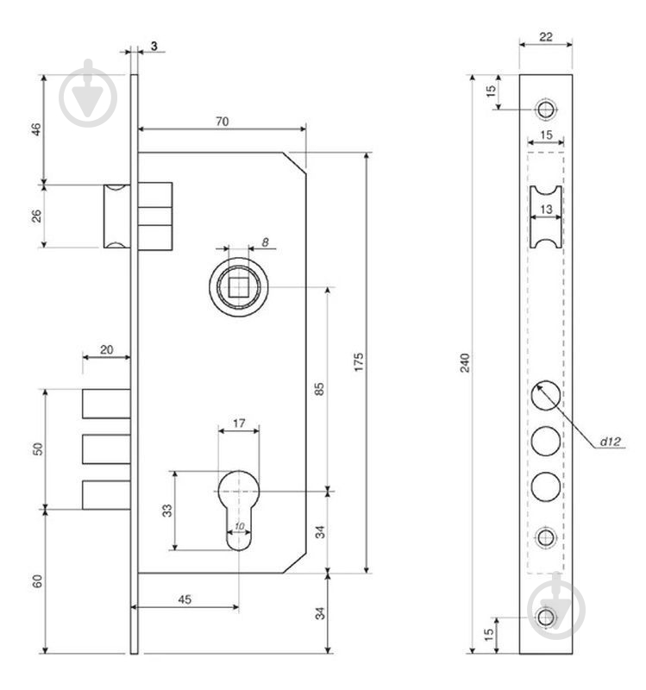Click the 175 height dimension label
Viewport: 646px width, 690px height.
coord(359,361)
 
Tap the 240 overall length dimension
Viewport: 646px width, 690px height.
coord(465,362)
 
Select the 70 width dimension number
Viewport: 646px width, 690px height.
coord(223,121)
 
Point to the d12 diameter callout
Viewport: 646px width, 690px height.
coord(611,441)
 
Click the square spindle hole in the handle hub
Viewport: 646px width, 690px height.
coord(238,287)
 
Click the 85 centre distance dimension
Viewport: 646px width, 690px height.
coord(320,389)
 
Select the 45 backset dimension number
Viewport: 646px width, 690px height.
coord(185,599)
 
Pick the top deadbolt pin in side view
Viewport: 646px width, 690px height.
coord(106,404)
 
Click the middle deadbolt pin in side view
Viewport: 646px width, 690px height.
coord(106,449)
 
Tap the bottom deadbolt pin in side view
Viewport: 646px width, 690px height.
coord(106,495)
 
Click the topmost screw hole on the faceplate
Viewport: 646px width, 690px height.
coord(546,109)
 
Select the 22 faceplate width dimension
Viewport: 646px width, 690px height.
coord(546,37)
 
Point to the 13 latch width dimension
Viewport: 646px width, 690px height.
coord(546,209)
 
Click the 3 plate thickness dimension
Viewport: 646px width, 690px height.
coord(154,46)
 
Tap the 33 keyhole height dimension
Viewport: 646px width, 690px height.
coord(167,511)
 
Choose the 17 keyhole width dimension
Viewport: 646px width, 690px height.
coord(239,423)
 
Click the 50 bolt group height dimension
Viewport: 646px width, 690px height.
coord(39,448)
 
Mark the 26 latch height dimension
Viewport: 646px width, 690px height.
coord(37,216)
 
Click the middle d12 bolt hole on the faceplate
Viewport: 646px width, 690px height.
coord(546,441)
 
